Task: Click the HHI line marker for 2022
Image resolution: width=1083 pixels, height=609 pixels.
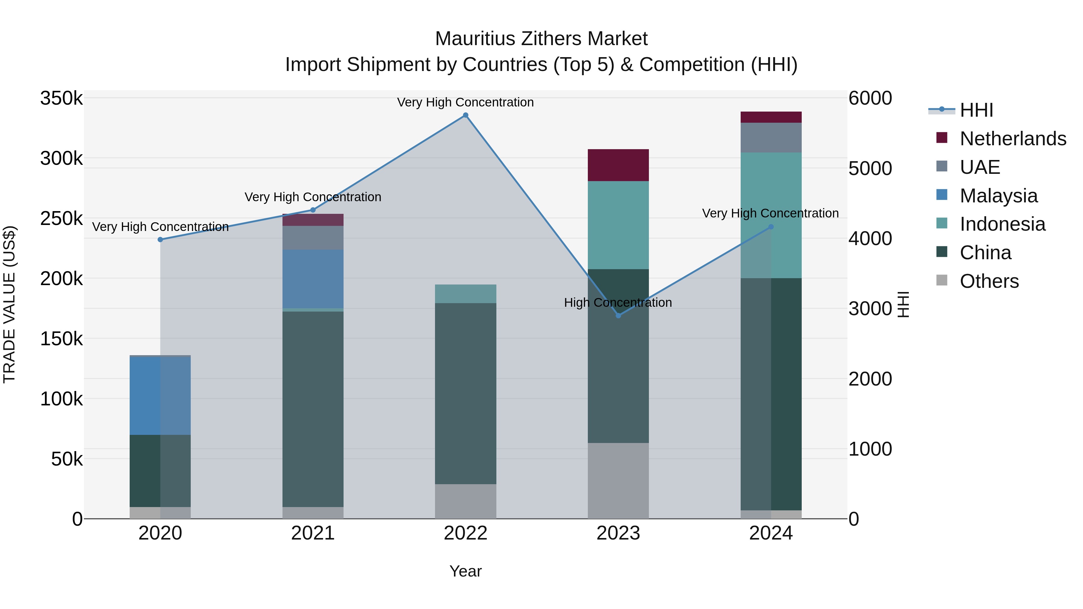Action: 465,115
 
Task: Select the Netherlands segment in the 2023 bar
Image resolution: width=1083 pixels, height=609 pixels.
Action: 618,165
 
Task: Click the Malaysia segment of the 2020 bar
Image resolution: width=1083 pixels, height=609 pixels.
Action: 160,395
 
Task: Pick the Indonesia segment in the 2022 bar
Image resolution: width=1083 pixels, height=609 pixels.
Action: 465,294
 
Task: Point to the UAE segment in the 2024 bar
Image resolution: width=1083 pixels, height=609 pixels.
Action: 771,137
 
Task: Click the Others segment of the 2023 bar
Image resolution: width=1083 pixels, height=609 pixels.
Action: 618,480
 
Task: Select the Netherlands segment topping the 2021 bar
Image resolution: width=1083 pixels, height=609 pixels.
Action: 313,220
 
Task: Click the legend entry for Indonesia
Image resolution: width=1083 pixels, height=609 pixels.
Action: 1002,224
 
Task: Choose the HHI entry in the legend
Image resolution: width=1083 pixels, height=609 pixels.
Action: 976,110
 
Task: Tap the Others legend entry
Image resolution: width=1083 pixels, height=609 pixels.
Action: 989,281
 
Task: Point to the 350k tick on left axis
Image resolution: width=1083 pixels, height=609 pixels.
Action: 61,98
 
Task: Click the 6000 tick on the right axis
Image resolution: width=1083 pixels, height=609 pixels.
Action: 870,98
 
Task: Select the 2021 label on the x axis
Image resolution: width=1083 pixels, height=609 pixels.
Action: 313,533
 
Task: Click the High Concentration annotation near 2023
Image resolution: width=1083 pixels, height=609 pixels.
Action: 618,303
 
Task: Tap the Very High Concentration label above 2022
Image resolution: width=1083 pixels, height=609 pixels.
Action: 465,102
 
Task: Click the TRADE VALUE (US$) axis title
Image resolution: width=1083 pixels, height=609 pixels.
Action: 9,304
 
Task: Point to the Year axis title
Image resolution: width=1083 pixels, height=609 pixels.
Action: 465,571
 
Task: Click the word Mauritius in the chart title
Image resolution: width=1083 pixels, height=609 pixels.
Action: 474,39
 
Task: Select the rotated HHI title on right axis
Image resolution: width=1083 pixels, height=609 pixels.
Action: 903,304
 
